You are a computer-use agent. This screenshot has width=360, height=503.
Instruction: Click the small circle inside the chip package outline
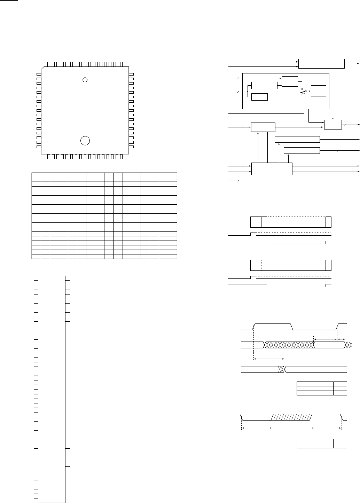85,80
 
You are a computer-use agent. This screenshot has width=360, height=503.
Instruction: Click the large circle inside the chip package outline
85,141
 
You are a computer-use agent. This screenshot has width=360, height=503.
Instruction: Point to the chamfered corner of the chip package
44,68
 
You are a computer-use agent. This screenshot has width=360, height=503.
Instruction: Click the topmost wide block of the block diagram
321,64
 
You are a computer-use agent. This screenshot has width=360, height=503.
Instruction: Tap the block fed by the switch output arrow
319,91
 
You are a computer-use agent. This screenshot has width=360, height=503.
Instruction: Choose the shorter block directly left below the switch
259,97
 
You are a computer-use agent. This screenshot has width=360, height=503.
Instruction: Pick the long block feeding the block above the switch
264,85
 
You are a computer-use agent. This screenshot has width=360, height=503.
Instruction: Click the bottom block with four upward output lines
272,169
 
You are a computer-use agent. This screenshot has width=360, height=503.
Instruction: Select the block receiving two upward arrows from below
263,127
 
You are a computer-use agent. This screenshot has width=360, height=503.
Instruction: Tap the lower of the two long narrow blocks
302,150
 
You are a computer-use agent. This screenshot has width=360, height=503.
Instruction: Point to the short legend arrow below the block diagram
233,181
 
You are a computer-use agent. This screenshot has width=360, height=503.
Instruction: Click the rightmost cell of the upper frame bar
328,222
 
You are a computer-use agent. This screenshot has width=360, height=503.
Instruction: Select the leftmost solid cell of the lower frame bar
253,265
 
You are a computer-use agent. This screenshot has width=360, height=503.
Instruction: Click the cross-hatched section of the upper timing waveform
289,345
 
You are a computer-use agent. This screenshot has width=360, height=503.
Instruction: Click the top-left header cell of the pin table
36,177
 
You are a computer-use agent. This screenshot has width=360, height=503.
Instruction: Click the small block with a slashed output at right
332,124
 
